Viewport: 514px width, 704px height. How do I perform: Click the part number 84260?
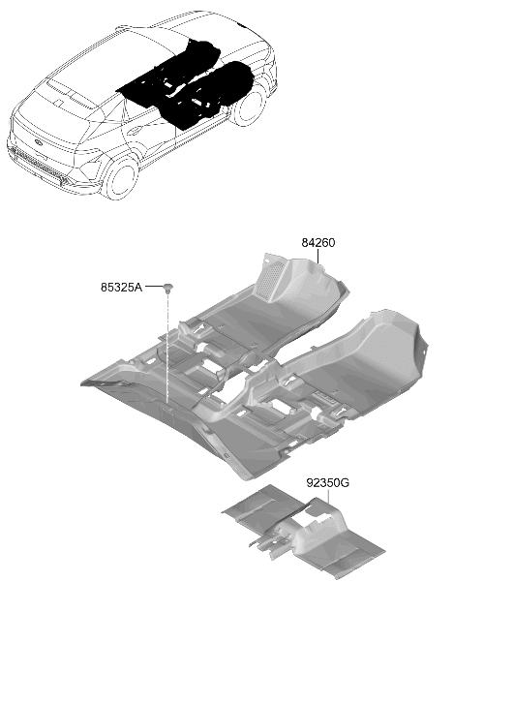(x=317, y=243)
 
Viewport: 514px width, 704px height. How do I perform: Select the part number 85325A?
(x=121, y=288)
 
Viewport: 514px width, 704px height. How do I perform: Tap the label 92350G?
(x=328, y=483)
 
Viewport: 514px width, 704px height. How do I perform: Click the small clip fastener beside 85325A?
(x=167, y=289)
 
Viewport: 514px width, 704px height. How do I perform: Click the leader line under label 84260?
(x=317, y=257)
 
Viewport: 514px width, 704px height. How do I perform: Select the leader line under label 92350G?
(x=329, y=497)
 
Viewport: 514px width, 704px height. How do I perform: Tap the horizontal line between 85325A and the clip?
(x=154, y=286)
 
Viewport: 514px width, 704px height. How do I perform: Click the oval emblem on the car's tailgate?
(x=39, y=142)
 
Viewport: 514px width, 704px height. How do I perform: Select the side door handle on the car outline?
(x=134, y=131)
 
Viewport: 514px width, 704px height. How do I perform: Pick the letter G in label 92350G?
(x=345, y=483)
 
